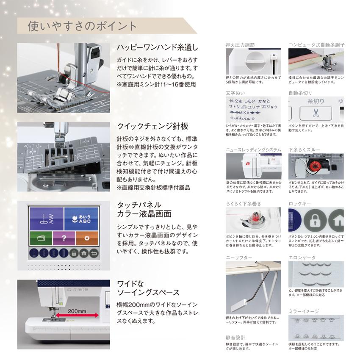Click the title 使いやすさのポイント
coord(82,26)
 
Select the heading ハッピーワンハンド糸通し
coord(157,47)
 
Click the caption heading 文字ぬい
coord(235,92)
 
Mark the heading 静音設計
coord(235,338)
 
